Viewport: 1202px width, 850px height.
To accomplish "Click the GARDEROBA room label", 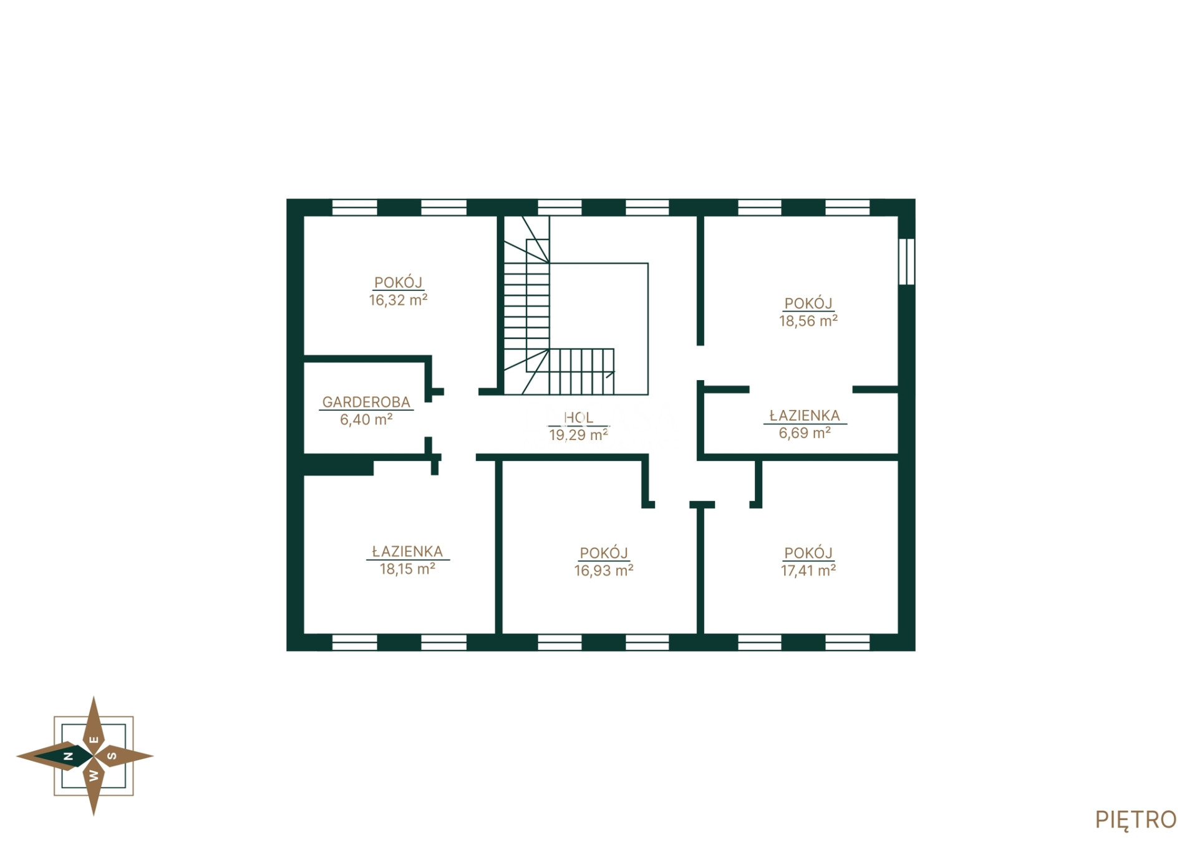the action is [366, 403].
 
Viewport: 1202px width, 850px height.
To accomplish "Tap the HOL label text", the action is [578, 418].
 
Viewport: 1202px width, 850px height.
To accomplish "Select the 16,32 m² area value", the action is [398, 300].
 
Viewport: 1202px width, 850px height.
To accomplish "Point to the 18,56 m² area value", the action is [808, 321].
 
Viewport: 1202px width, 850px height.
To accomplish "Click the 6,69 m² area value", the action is [805, 432].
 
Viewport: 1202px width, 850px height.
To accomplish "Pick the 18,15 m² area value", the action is [407, 569].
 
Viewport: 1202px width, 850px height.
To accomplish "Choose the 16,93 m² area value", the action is [604, 570].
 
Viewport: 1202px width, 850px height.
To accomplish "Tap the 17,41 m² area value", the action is [808, 570].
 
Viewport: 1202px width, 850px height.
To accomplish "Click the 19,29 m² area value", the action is [578, 435].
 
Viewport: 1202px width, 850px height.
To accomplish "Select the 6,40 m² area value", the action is [366, 419].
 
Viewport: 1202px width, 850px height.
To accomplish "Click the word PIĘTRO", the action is [1135, 820].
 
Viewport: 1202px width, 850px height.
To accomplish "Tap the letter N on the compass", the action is [69, 757].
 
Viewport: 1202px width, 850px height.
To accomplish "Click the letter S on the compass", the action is [112, 757].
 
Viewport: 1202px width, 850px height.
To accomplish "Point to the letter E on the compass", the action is [94, 740].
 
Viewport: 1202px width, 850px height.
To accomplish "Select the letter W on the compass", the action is [94, 776].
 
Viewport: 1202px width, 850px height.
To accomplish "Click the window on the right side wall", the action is [906, 262].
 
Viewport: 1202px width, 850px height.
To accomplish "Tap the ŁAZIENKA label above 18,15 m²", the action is [407, 552].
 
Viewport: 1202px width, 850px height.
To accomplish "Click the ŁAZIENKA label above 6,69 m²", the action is [805, 416].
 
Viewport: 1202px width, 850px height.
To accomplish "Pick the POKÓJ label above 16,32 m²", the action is [398, 282].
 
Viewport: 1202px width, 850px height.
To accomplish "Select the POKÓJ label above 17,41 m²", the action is [808, 553].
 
